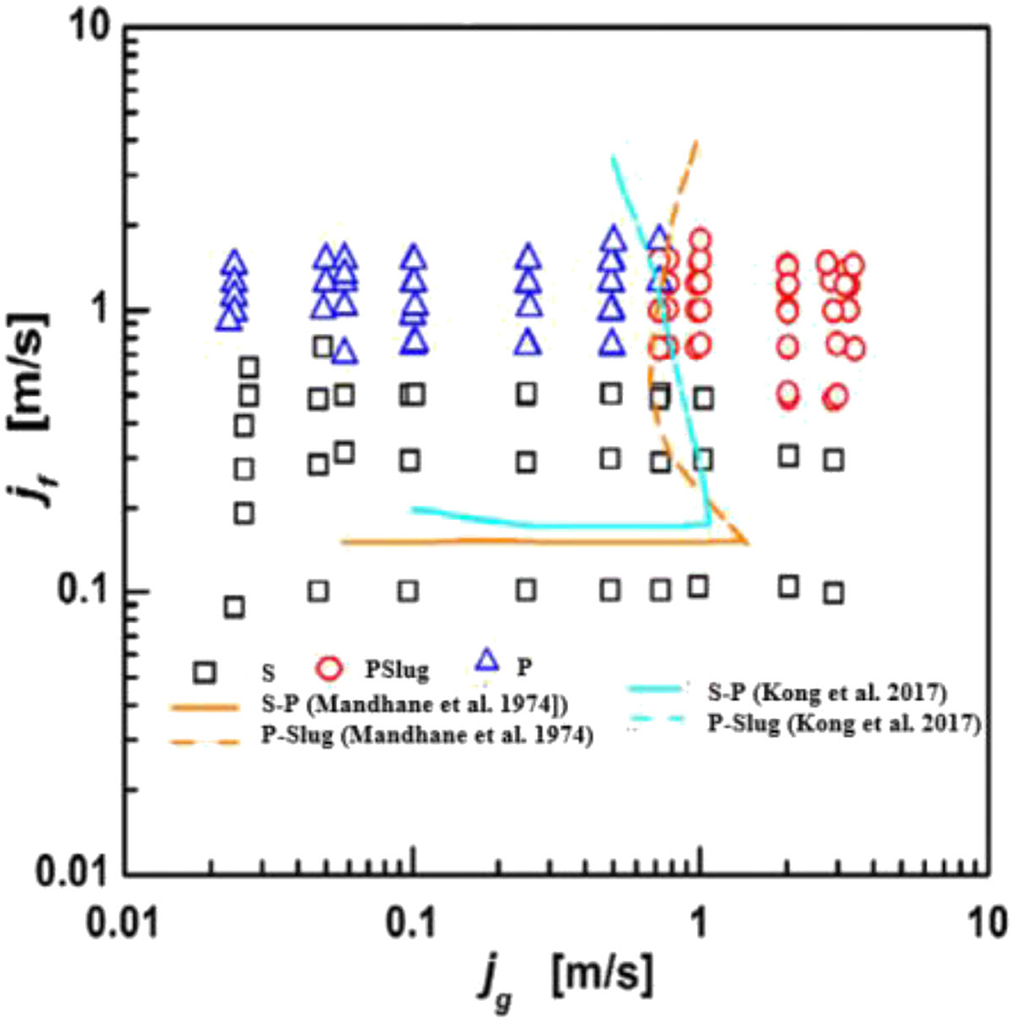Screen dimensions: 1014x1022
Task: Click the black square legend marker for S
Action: [x=204, y=671]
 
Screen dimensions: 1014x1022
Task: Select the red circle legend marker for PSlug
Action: [x=330, y=669]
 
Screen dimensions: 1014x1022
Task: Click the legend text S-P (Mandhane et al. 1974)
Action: [x=414, y=705]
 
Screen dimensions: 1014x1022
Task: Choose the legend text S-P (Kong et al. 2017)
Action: [x=827, y=693]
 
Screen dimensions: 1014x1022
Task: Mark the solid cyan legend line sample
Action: [x=653, y=689]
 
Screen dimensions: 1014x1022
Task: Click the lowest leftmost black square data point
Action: [x=234, y=608]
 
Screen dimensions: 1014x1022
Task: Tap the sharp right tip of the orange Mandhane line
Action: [x=749, y=543]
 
